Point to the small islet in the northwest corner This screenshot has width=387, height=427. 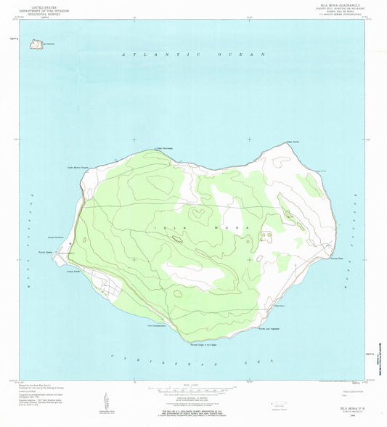pos(33,44)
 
